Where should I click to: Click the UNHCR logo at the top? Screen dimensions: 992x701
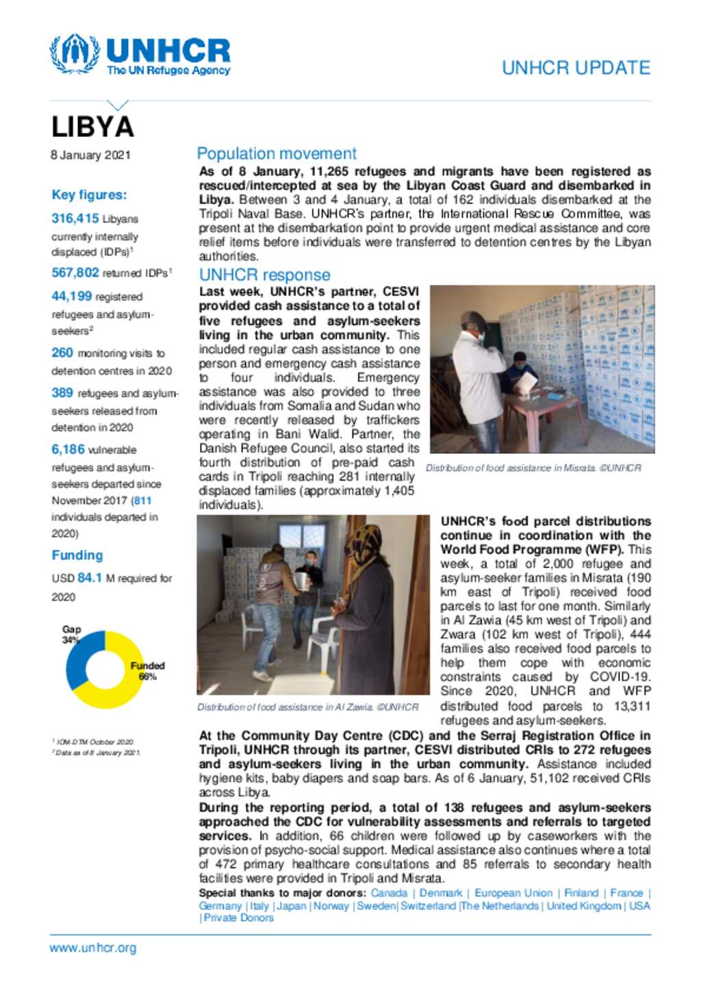point(140,55)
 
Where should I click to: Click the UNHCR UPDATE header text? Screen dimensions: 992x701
point(576,68)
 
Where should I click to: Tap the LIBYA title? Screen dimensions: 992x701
point(93,127)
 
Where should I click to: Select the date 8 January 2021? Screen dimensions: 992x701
point(90,155)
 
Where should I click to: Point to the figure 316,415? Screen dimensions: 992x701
point(75,218)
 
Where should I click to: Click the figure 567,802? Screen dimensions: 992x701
point(75,272)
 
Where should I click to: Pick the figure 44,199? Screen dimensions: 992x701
point(71,296)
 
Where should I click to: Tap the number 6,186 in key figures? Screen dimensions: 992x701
point(68,450)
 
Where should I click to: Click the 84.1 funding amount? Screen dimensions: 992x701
point(90,578)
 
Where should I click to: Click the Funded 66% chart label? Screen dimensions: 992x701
point(147,671)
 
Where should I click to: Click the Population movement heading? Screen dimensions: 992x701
point(277,153)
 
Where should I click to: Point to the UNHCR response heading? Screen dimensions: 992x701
point(264,275)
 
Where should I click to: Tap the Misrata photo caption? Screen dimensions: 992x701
point(533,468)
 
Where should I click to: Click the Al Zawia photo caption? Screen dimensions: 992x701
point(307,707)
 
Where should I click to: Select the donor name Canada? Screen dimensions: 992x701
point(389,893)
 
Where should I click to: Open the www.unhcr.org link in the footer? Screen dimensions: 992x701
point(93,948)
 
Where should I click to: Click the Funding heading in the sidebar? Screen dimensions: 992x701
point(77,555)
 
